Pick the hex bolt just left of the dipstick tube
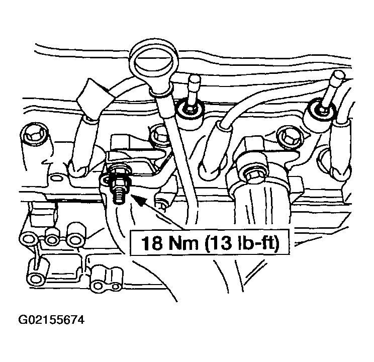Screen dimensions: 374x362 click(x=160, y=135)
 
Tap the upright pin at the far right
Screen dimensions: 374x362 click(x=332, y=90)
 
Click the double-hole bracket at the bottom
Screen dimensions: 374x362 click(x=106, y=279)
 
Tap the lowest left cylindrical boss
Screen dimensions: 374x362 click(x=36, y=273)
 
